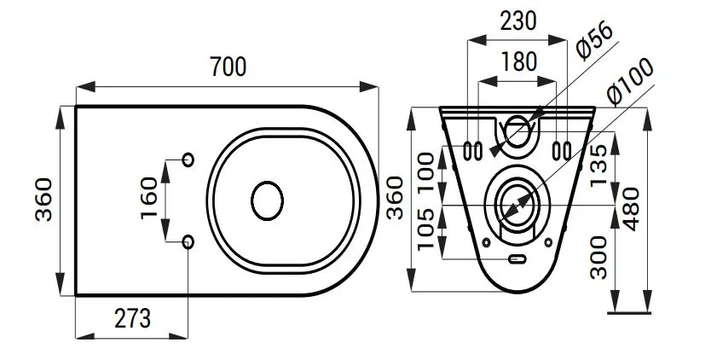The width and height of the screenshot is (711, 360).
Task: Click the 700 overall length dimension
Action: point(228,67)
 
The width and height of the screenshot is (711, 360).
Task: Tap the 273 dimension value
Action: point(132,318)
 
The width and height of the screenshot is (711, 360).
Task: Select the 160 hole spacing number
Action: point(149,198)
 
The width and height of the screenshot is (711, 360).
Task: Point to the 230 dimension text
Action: point(518,21)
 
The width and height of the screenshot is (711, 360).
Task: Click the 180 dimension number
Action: point(518,62)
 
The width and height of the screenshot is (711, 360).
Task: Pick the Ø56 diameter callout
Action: point(595,40)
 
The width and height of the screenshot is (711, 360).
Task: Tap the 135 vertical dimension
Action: point(598,165)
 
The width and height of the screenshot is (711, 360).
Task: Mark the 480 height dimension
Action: point(630,208)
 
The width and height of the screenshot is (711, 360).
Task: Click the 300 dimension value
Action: point(599,257)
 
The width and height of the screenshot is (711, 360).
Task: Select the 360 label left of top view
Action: point(43,200)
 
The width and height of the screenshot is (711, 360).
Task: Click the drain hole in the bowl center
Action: point(267,201)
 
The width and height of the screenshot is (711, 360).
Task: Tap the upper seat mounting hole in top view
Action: point(188,160)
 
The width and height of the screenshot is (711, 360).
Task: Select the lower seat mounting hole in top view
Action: point(188,242)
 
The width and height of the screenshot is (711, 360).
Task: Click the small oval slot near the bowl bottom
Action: point(517,259)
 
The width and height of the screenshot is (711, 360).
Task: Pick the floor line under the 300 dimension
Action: point(629,312)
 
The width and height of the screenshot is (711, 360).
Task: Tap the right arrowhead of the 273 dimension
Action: point(178,336)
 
